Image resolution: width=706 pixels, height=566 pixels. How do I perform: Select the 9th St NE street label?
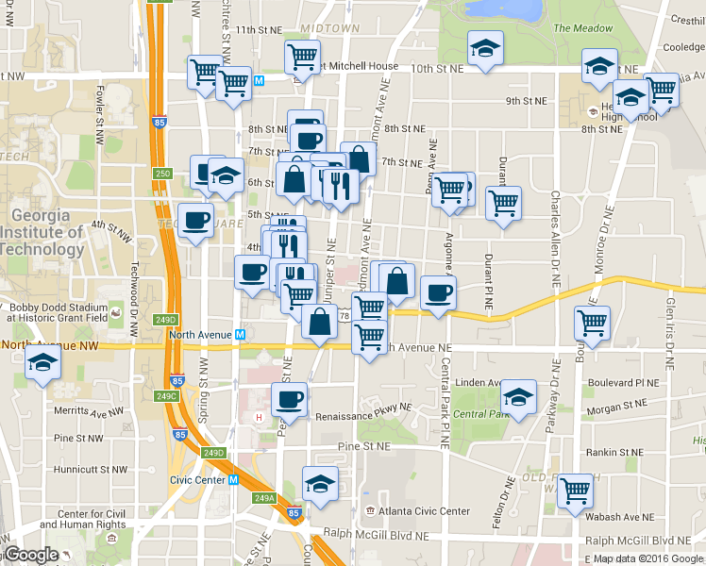tap(527, 101)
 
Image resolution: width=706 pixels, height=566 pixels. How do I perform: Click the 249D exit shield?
tap(213, 454)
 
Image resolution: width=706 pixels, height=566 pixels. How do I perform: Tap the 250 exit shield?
tap(162, 173)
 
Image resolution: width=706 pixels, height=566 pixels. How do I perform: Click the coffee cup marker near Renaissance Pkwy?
tap(289, 397)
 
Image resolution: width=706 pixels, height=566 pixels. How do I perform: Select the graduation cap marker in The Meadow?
tap(485, 47)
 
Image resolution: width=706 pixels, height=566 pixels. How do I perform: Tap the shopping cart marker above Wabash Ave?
tap(574, 489)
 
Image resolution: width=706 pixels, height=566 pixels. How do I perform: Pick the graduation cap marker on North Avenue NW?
tap(42, 362)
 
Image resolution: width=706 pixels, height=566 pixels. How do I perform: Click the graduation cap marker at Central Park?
tap(518, 397)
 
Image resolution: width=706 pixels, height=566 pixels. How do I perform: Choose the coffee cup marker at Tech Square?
tap(195, 221)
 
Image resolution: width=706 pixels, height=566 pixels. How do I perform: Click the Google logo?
tap(32, 555)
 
